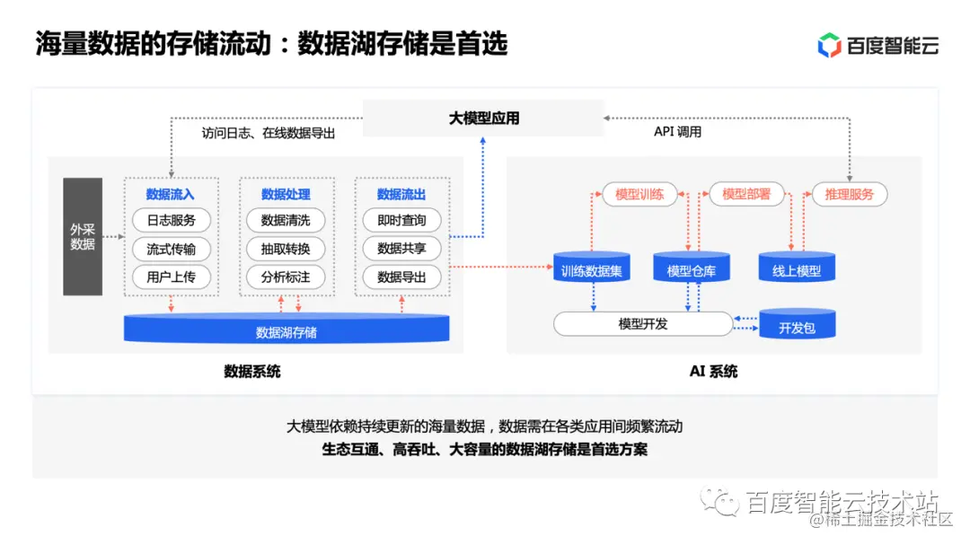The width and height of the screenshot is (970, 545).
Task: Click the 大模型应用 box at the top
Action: coord(483,119)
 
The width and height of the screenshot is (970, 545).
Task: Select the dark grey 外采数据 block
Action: coord(83,236)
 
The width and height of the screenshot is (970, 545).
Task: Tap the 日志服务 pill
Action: coord(171,220)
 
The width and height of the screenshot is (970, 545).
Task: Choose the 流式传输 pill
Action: coord(171,249)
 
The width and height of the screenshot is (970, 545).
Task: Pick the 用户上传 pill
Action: coord(171,277)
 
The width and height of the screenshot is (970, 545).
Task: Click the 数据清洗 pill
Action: coord(286,220)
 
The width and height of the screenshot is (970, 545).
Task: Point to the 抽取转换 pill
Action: coord(286,249)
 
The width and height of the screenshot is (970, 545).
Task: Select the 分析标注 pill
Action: coord(286,277)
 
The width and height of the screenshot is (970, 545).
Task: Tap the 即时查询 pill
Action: coord(401,220)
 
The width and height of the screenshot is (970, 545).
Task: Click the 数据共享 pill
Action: coord(401,249)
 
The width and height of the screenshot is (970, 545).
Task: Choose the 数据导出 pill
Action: coord(401,277)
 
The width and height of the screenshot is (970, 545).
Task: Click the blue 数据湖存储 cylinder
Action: coord(286,330)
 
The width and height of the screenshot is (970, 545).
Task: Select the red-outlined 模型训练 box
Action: coord(639,194)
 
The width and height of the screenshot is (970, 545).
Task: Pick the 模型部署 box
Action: coord(746,194)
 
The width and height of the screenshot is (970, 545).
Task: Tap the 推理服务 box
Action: coord(849,194)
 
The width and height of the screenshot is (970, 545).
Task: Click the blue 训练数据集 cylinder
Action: coord(591,268)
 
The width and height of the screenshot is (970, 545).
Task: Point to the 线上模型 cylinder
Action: coord(797,268)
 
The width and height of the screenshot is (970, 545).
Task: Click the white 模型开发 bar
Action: coord(643,324)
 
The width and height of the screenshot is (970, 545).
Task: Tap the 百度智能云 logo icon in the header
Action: coord(829,44)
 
